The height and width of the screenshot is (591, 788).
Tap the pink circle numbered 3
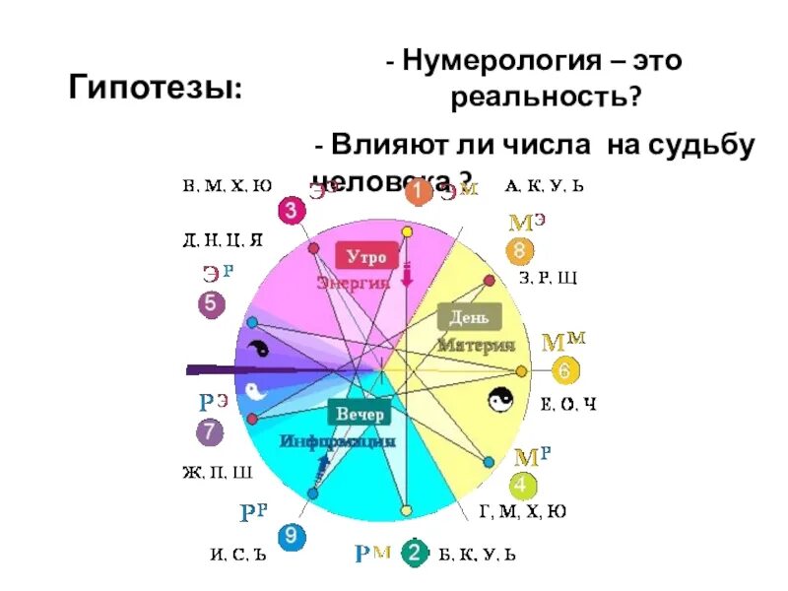click(292, 210)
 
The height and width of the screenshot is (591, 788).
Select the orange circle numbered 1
click(419, 192)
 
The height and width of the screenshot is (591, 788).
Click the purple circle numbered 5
click(211, 304)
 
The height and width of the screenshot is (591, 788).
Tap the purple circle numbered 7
click(209, 431)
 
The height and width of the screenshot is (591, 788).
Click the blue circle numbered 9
click(289, 536)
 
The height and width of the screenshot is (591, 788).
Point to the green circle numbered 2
click(415, 554)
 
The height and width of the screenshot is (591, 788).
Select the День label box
click(470, 317)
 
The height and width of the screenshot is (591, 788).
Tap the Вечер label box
click(360, 414)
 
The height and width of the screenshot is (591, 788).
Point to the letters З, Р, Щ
click(548, 279)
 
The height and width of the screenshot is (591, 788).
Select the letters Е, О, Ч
click(569, 405)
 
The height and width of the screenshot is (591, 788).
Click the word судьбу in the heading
click(701, 145)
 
